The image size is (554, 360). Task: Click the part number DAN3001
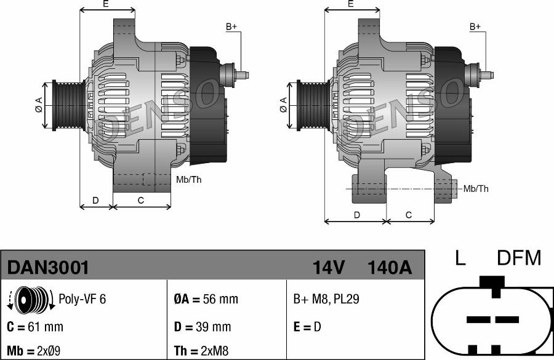(x=48, y=268)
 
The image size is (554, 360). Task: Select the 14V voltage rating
(x=328, y=268)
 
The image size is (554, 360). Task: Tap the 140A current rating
(x=388, y=268)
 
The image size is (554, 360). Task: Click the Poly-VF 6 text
(x=82, y=299)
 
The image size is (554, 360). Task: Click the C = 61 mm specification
(x=35, y=327)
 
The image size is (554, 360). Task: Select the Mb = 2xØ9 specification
(x=33, y=351)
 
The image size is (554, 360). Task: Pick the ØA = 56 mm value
(x=206, y=300)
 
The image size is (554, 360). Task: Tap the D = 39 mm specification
(x=203, y=327)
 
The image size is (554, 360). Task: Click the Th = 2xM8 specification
(x=201, y=351)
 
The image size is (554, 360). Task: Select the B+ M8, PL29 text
(x=326, y=300)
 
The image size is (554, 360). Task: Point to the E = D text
(x=307, y=327)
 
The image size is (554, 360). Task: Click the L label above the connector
(x=460, y=258)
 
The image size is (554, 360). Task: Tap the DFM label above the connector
(x=518, y=258)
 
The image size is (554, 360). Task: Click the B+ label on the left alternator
(x=231, y=26)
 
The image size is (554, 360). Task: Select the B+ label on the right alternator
(x=475, y=26)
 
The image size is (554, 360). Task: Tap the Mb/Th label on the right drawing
(x=476, y=189)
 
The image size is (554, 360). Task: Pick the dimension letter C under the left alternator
(x=141, y=200)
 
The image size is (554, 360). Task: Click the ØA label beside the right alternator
(x=284, y=105)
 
